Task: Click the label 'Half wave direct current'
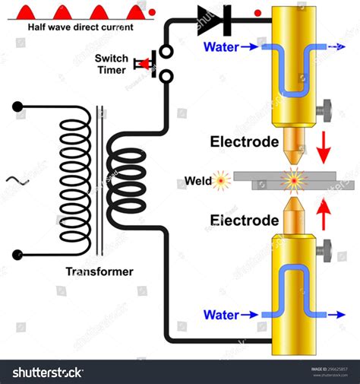click(x=80, y=27)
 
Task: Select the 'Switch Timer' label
click(x=111, y=64)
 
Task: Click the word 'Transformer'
click(x=99, y=271)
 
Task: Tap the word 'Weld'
click(x=197, y=181)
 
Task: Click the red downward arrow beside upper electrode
click(x=323, y=146)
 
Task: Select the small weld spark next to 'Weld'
click(x=222, y=181)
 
